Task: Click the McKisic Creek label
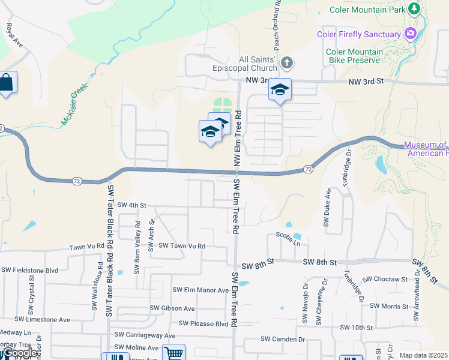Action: tap(74, 104)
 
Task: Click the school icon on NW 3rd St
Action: tap(280, 90)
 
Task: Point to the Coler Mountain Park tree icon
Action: tap(414, 9)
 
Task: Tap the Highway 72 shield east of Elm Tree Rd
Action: tap(307, 169)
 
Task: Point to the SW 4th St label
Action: tap(132, 205)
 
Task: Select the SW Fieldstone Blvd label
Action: tap(30, 271)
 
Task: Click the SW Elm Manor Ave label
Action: tap(200, 290)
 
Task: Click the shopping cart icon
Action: tap(174, 353)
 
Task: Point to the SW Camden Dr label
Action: tap(283, 340)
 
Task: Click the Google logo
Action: tap(19, 353)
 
